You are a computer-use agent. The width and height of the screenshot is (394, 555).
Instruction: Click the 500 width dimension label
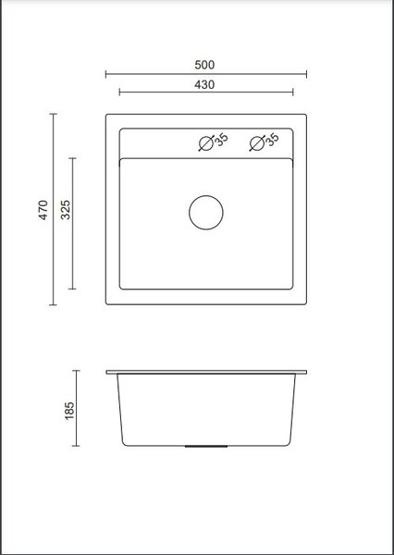pos(204,65)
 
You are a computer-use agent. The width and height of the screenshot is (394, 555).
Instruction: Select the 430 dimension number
pos(204,84)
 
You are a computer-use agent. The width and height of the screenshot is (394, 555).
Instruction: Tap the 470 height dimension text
pos(43,210)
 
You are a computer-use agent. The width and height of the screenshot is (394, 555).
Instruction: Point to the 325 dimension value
pos(66,210)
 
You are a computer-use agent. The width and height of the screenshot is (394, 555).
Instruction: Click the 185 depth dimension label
pos(69,411)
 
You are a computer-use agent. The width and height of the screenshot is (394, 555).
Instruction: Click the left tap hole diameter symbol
pos(205,143)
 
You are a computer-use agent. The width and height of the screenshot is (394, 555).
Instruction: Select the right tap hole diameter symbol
pos(256,143)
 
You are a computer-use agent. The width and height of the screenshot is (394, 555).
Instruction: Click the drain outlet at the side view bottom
pos(206,447)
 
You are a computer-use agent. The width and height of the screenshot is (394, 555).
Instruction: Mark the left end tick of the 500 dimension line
pos(105,74)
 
